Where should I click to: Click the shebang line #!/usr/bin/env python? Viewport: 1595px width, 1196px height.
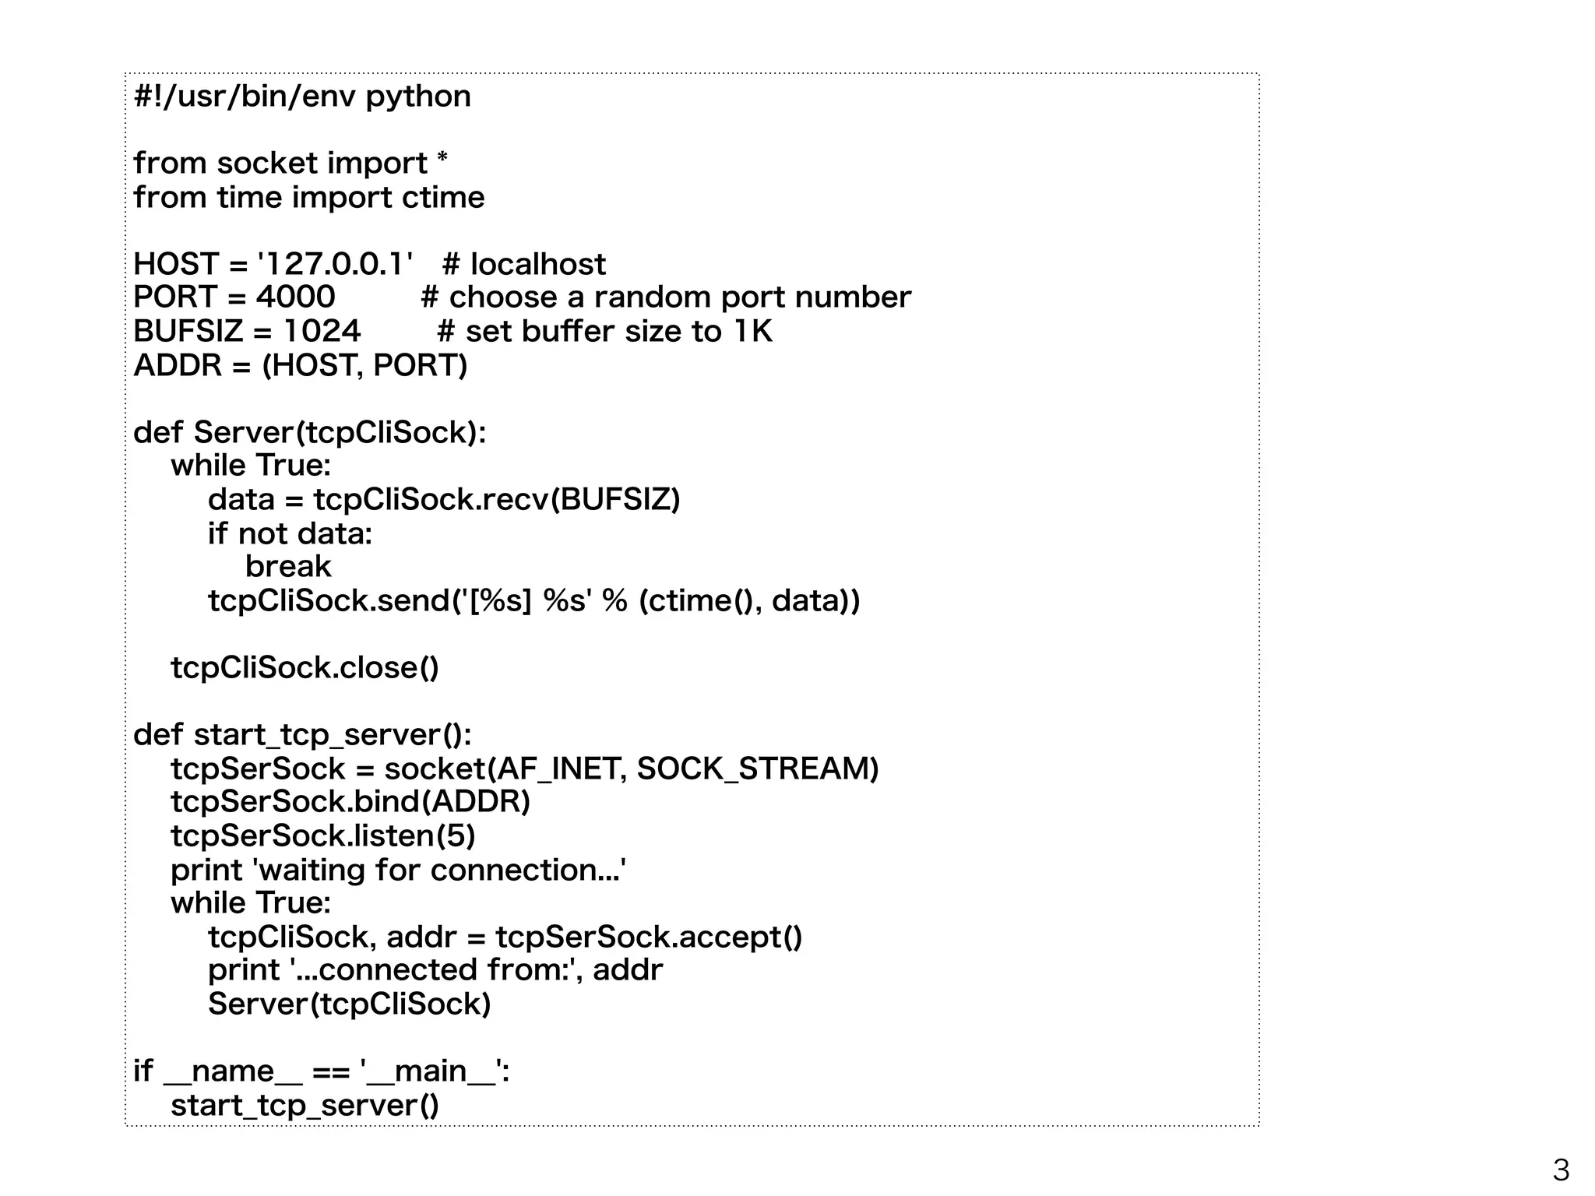tap(302, 97)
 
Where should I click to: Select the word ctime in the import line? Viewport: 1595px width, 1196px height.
tap(443, 197)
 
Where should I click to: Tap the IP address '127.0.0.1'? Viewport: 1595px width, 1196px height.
tap(335, 264)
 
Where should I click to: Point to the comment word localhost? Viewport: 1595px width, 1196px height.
tap(537, 265)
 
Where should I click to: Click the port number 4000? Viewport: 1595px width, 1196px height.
tap(296, 297)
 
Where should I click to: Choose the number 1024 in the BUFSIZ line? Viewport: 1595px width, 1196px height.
tap(322, 331)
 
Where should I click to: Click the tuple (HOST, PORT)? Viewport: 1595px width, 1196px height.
tap(364, 365)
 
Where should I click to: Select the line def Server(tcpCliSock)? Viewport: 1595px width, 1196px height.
tap(309, 432)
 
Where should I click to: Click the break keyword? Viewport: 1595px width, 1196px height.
tap(288, 566)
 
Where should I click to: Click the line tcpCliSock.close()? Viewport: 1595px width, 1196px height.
tap(305, 667)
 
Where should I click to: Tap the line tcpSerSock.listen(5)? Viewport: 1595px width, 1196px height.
tap(322, 835)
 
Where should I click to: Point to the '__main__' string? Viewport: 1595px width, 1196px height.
tap(430, 1071)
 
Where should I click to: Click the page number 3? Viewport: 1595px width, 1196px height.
tap(1561, 1170)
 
